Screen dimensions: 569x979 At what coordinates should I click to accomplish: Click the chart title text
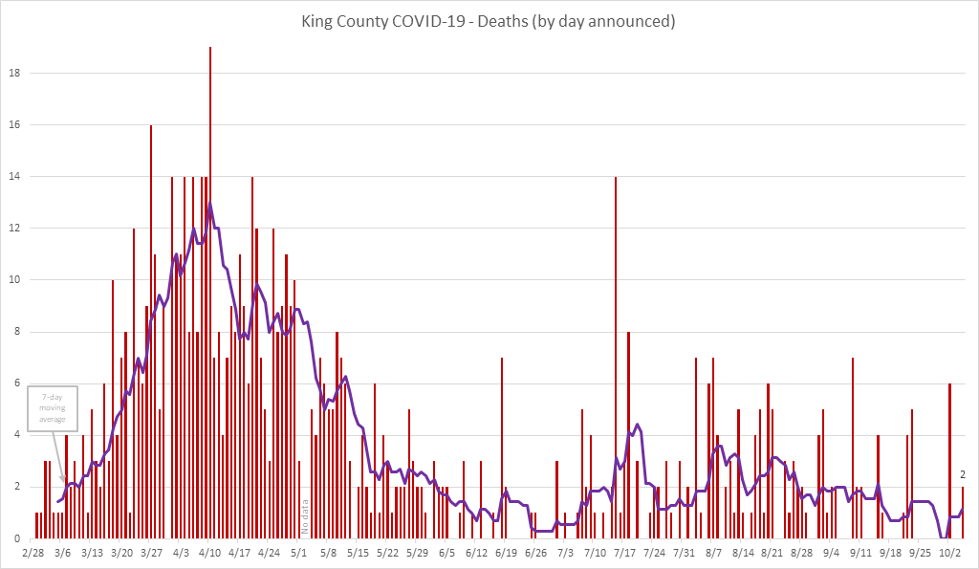(x=489, y=21)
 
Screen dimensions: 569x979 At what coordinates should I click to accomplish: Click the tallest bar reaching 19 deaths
(x=210, y=287)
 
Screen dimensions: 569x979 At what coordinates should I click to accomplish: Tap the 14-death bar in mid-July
(x=616, y=354)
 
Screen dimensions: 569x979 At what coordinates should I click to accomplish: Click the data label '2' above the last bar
(x=963, y=474)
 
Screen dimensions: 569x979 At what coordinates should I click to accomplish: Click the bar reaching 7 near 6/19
(x=502, y=449)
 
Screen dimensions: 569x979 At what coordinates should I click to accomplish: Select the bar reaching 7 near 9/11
(x=853, y=449)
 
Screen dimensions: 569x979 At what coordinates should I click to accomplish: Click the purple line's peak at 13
(x=210, y=204)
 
